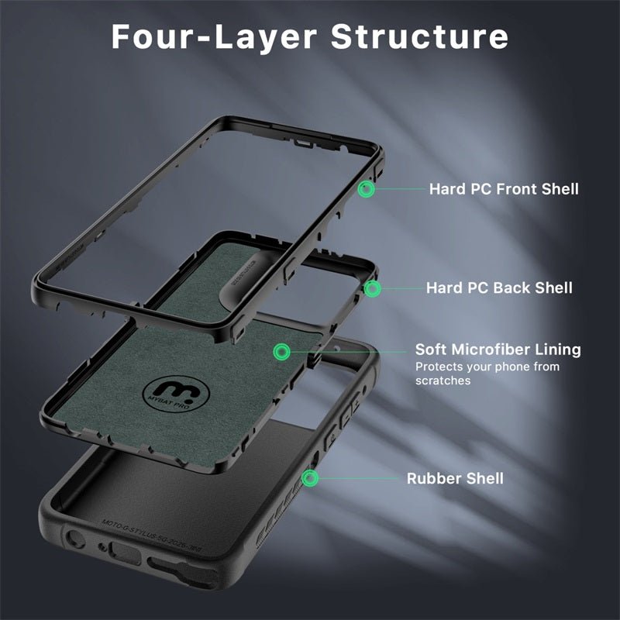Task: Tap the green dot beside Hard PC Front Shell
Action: click(367, 188)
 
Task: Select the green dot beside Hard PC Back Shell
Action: click(373, 288)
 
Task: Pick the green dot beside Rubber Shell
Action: click(309, 478)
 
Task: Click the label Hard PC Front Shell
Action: click(504, 188)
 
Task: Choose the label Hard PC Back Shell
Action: click(499, 288)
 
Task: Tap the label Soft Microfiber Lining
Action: click(498, 350)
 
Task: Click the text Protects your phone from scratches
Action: click(487, 374)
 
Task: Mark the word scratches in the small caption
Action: click(443, 381)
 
